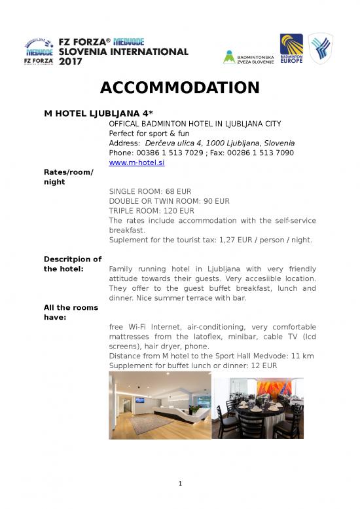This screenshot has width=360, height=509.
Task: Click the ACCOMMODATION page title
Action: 179,87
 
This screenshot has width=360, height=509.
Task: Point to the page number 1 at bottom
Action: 179,485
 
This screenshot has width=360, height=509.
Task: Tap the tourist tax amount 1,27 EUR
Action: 227,240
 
